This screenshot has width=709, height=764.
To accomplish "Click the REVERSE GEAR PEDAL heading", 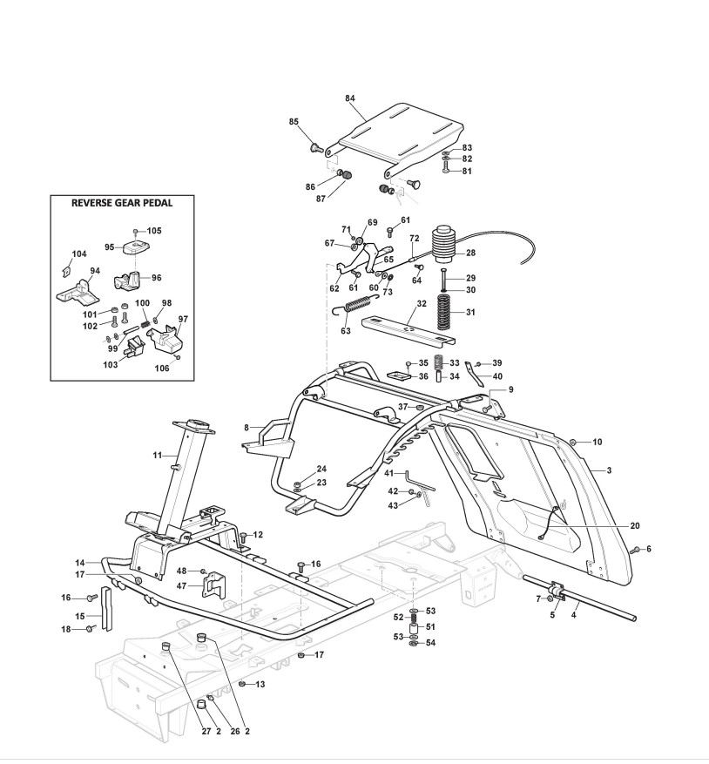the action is click(122, 203).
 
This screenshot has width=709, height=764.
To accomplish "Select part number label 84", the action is click(350, 98).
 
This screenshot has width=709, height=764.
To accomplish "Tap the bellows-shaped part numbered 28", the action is click(443, 243).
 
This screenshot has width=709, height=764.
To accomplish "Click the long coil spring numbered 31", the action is click(443, 311).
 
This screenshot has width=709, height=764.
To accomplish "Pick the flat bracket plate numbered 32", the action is click(409, 333).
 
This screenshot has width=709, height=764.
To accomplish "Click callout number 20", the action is click(634, 525).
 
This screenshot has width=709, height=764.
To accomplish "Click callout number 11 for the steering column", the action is click(157, 455).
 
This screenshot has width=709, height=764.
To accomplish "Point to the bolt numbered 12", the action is click(244, 537).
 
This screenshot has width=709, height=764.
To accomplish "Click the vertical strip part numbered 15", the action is click(107, 609).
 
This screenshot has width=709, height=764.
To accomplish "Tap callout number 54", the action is click(430, 643).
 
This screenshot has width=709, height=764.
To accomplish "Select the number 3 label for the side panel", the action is click(609, 470).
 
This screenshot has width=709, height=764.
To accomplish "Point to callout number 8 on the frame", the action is click(246, 428).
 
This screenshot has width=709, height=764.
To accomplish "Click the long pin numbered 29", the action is click(443, 279).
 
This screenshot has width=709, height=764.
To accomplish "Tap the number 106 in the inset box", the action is click(161, 368).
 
